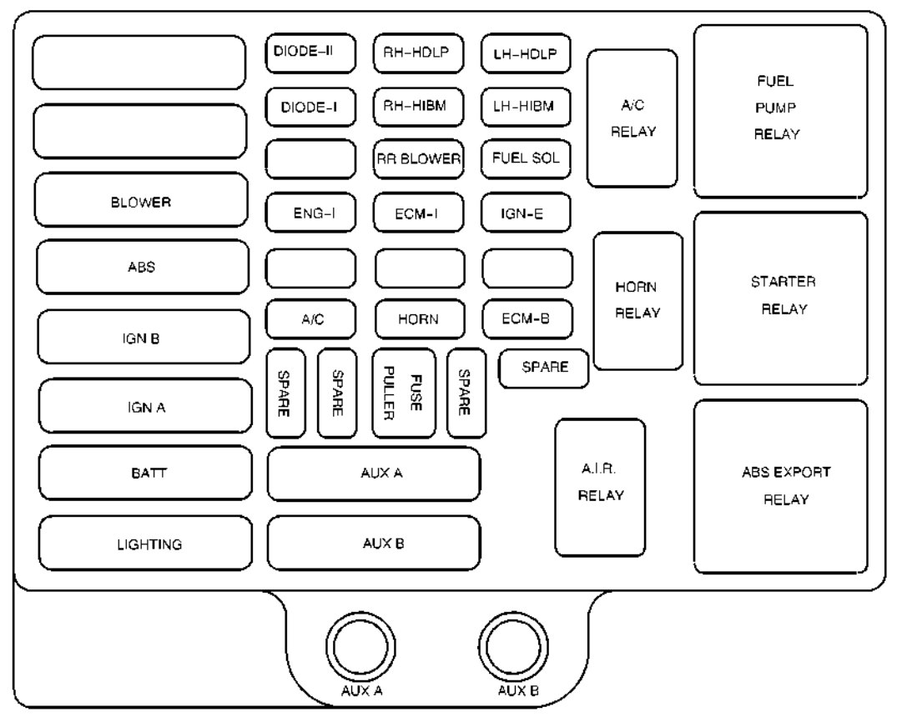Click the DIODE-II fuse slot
(x=310, y=53)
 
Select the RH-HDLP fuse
(x=418, y=53)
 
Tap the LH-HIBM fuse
(x=526, y=107)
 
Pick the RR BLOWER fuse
(x=418, y=159)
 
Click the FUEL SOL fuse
(x=526, y=159)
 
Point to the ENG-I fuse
(x=310, y=213)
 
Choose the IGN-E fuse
(x=526, y=213)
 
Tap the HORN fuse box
(x=420, y=319)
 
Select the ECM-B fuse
(x=527, y=319)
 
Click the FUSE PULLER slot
(x=404, y=393)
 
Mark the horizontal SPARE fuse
(x=544, y=368)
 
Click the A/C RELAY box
(x=632, y=118)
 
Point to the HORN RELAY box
(x=638, y=301)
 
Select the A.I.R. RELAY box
(x=600, y=488)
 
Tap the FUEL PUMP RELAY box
(x=781, y=111)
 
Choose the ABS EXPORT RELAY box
(x=781, y=486)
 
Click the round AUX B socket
(x=514, y=647)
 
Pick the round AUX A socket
(x=361, y=647)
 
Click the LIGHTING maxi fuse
(x=146, y=543)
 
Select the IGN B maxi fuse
(x=144, y=337)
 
